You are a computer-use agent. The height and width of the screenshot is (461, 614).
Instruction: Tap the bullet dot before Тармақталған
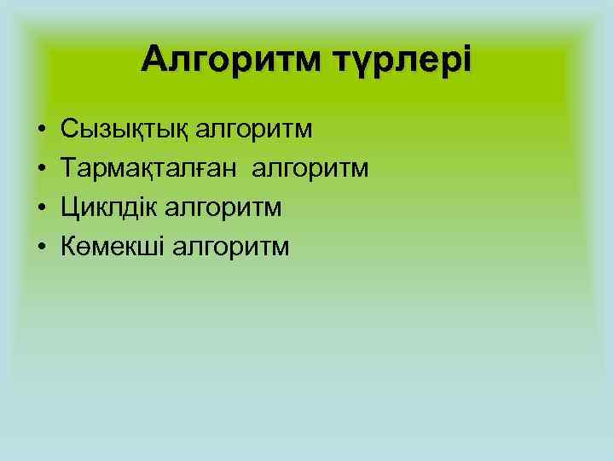41,170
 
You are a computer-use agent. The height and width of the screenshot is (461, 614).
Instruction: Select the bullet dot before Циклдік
41,208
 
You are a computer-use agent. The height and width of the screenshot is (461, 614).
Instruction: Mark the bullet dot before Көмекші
41,248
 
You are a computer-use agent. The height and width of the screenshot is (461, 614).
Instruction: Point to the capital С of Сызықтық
69,131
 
